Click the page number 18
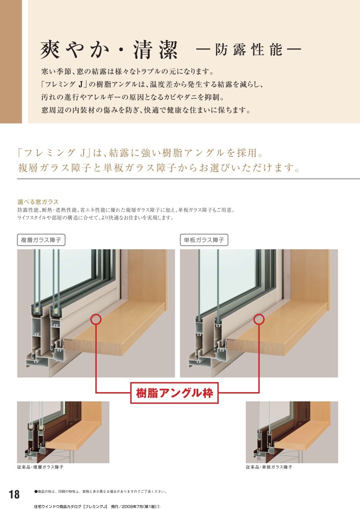[14, 494]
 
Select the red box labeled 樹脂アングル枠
[174, 393]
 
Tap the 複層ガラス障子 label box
[41, 240]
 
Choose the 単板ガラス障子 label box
[204, 240]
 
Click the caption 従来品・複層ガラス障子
[40, 467]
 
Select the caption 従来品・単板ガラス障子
[269, 467]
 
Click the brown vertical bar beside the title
[11, 62]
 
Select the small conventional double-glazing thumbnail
[63, 432]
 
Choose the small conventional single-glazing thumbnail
[292, 432]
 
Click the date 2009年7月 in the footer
[136, 506]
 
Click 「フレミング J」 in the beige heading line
[54, 153]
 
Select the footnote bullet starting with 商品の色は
[100, 492]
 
